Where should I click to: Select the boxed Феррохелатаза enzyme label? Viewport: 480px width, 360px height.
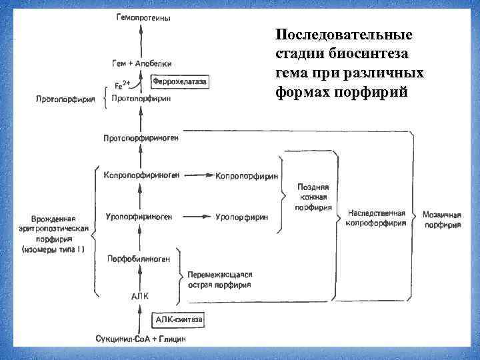pyautogui.click(x=180, y=81)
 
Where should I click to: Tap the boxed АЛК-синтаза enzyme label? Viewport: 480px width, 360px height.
pyautogui.click(x=179, y=320)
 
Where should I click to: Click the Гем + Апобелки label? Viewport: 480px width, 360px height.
pyautogui.click(x=141, y=63)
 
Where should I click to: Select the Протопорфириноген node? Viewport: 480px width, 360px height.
pyautogui.click(x=141, y=138)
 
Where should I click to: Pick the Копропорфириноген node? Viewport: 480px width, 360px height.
pyautogui.click(x=141, y=176)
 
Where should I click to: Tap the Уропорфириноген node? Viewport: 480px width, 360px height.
pyautogui.click(x=139, y=217)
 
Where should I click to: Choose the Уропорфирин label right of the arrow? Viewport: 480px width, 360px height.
pyautogui.click(x=242, y=217)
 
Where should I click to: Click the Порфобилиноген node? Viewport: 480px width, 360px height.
pyautogui.click(x=138, y=258)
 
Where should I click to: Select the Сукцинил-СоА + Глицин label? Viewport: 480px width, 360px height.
pyautogui.click(x=142, y=338)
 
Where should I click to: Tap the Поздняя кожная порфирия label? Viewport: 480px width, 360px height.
pyautogui.click(x=314, y=198)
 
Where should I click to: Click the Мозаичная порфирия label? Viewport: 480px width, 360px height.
pyautogui.click(x=442, y=220)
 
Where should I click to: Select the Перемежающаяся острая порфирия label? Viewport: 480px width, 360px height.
pyautogui.click(x=219, y=279)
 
